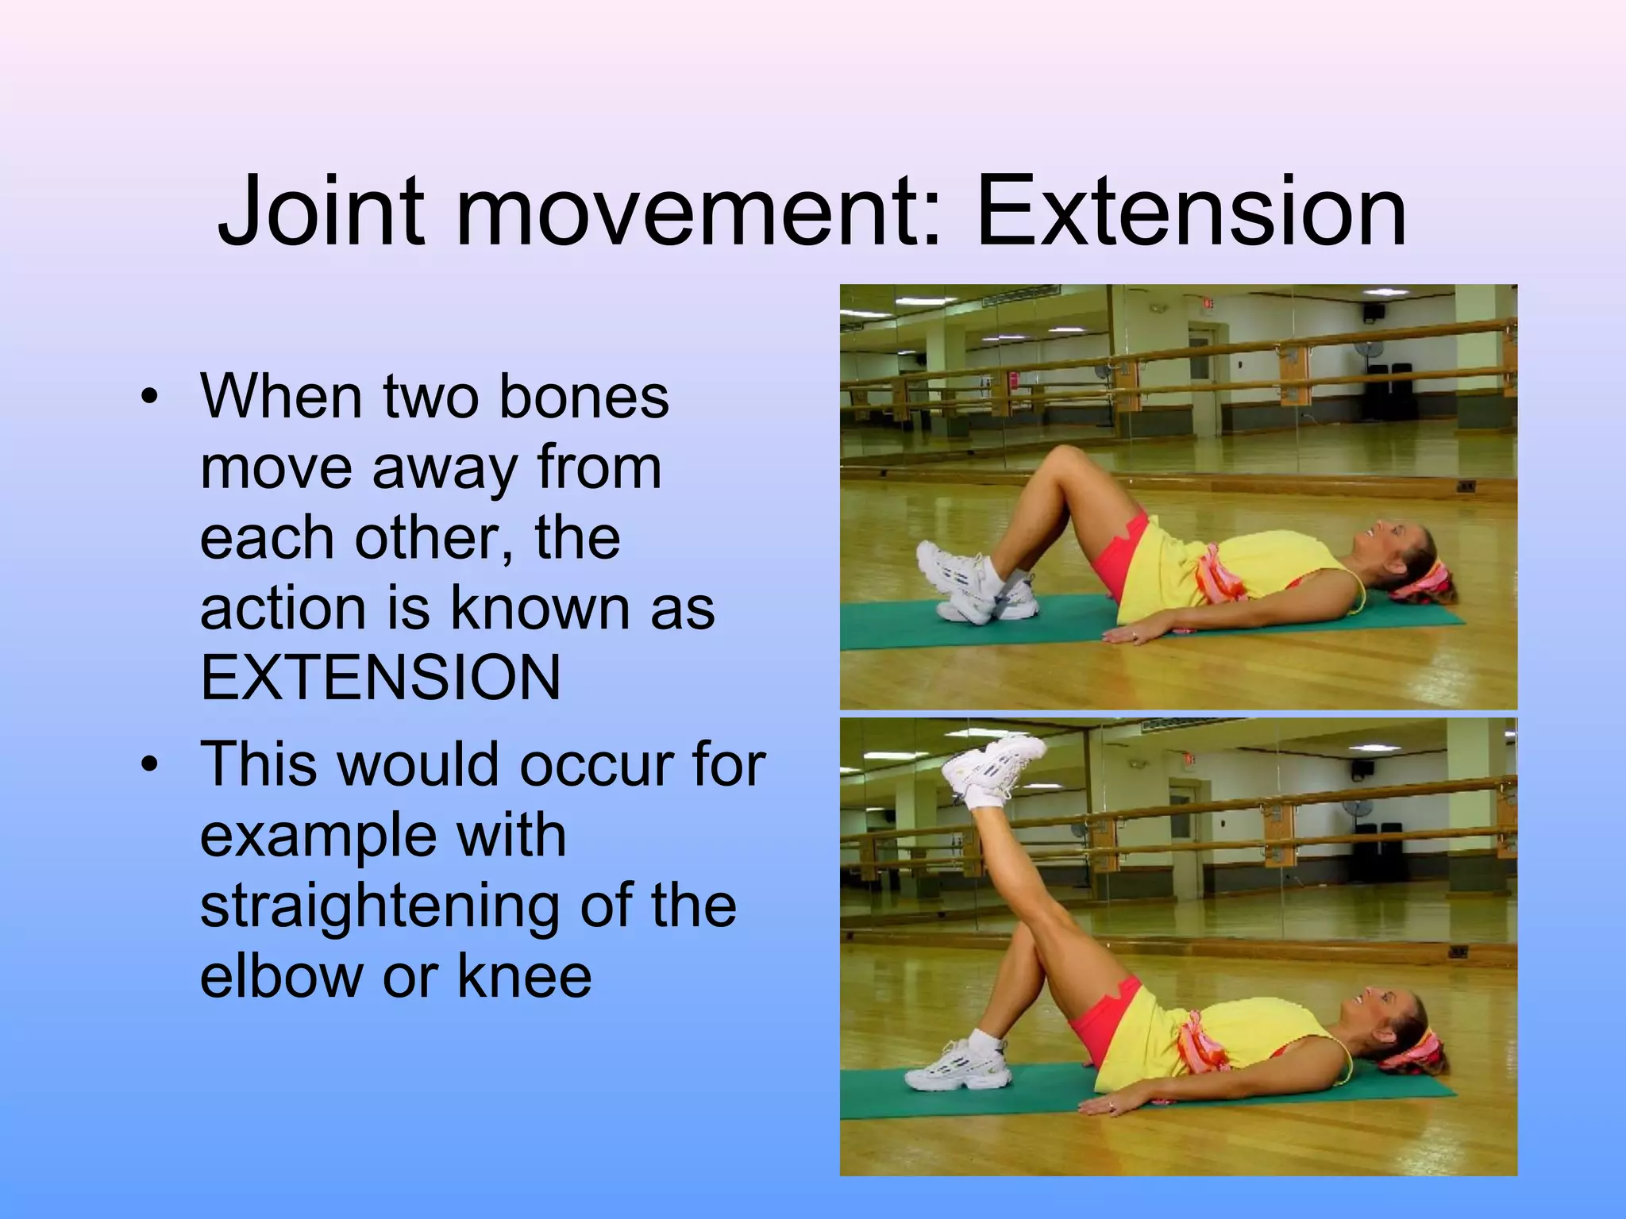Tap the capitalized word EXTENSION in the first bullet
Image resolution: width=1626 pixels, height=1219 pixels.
380,678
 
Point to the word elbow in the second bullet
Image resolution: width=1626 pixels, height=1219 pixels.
281,975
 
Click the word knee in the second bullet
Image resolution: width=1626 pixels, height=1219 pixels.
524,975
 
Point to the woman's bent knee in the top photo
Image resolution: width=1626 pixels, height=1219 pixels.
1064,460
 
